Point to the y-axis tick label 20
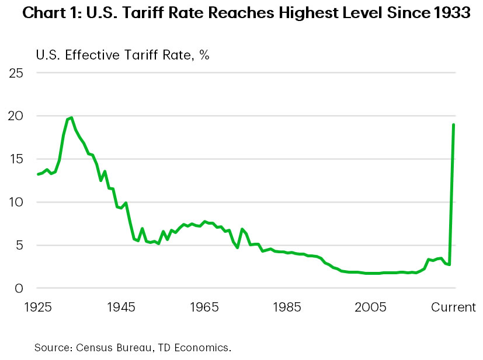coord(16,116)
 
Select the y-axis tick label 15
coord(16,159)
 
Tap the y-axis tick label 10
coord(16,202)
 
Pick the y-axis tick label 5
coord(19,246)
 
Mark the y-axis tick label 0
coord(19,288)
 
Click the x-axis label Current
coord(453,307)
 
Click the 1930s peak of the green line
coord(71,118)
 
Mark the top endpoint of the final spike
coord(454,125)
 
